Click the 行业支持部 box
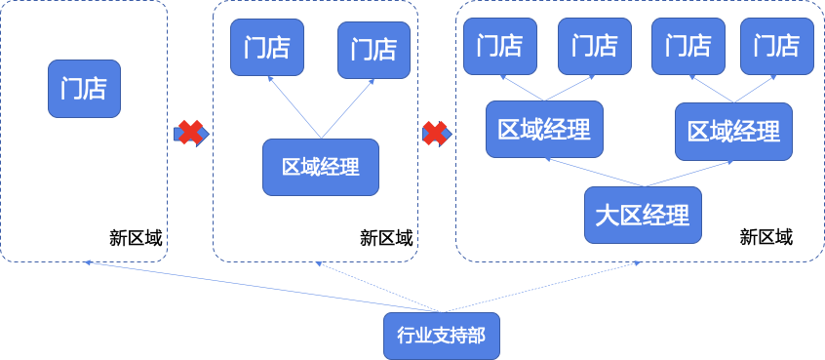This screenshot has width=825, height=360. tap(441, 338)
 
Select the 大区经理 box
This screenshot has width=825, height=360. tap(643, 215)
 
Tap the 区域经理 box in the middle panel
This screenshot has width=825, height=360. tap(320, 167)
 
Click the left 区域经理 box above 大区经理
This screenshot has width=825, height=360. tap(544, 130)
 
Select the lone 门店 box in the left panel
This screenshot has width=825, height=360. tap(84, 89)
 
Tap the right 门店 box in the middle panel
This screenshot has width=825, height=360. tap(373, 49)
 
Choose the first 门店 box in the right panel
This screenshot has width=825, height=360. tap(499, 46)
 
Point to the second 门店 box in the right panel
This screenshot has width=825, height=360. tap(594, 46)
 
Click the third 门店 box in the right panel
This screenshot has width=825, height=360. tap(687, 46)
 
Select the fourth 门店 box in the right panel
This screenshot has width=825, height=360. tap(776, 46)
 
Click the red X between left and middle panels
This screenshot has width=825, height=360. tap(190, 133)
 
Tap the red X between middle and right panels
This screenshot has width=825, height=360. tap(435, 133)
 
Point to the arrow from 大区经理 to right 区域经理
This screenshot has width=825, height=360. tap(687, 172)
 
